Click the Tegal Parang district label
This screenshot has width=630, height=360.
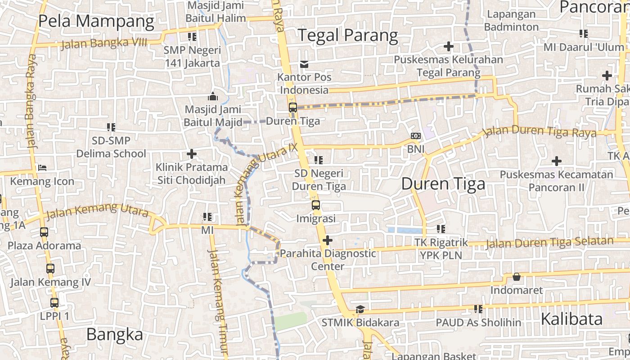coord(348,36)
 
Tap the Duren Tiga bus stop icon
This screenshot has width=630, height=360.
coord(293,108)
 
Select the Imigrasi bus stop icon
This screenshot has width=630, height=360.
coord(316,205)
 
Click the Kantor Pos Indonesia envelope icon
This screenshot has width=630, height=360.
coord(305,64)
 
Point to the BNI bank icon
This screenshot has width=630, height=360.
coord(416,136)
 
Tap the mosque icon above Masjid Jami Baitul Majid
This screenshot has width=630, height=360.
coord(213,96)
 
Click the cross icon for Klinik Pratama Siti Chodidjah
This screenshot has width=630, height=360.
coord(192,154)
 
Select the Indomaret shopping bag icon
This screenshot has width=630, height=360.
coord(517,277)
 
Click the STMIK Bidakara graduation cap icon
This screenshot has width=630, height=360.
coord(360,310)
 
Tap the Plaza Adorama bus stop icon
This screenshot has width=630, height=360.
coord(44,233)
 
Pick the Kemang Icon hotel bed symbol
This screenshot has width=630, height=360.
coord(42,168)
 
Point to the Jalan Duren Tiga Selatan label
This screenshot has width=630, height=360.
coord(549,243)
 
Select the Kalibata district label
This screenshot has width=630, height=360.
coord(571,319)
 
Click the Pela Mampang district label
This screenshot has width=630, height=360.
coord(96,21)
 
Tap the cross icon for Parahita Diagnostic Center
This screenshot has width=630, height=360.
coord(328,240)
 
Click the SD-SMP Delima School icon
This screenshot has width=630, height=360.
coord(111,127)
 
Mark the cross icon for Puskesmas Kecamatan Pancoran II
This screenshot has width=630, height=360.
coord(557,161)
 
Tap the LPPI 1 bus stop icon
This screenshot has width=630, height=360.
coord(54,303)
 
